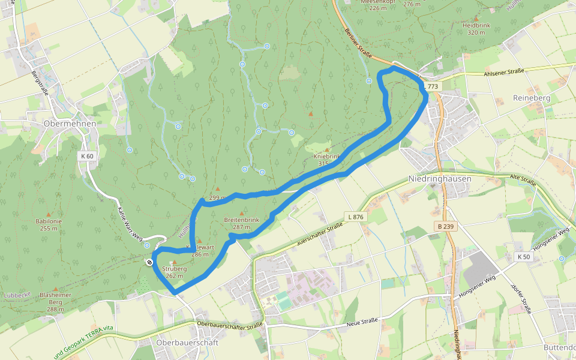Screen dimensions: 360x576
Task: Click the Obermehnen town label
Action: (70, 123)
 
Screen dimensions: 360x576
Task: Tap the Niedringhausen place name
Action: (440, 179)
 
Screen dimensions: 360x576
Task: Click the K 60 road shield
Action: (87, 156)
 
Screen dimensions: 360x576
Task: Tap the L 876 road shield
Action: (355, 217)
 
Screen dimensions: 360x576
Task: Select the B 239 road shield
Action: (445, 226)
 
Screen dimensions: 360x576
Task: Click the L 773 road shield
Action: (432, 87)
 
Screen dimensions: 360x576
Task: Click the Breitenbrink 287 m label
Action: (241, 223)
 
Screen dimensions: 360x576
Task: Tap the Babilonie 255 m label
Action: (49, 224)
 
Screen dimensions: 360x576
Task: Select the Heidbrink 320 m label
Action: (476, 28)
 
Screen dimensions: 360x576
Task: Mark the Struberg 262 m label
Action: (175, 272)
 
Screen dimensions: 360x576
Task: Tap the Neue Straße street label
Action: (362, 322)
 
